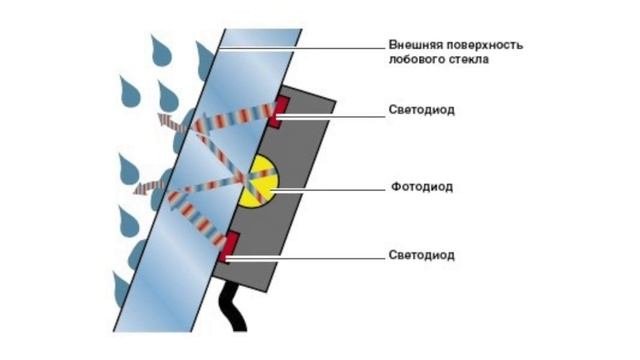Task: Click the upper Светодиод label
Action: coord(421,110)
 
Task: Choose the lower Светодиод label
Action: coord(421,255)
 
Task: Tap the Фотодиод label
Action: coord(418,187)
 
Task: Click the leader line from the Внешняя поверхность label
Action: coord(300,45)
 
